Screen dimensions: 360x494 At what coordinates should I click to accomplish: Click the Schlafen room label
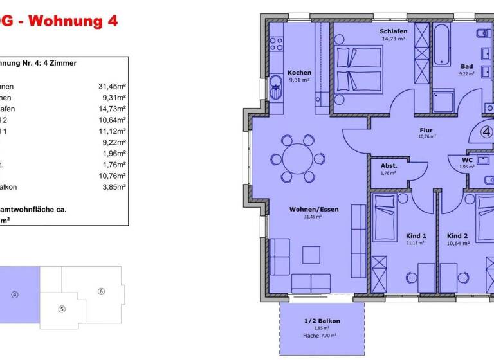[392, 32]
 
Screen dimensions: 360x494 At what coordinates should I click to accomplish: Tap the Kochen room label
[299, 72]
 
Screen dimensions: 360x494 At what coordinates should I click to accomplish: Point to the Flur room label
[426, 130]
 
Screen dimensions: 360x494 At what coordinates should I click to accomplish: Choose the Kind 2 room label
[458, 235]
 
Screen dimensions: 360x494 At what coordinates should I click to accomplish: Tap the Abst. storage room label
[388, 165]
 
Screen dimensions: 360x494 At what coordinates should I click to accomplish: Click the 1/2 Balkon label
[322, 321]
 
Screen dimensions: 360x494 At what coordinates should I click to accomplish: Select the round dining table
[297, 158]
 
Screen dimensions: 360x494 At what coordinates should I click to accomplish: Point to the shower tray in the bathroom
[443, 102]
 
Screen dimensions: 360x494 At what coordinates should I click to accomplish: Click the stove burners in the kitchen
[277, 44]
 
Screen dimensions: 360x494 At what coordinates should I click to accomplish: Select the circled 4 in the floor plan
[486, 132]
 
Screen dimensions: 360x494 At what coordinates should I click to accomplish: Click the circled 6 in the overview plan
[101, 291]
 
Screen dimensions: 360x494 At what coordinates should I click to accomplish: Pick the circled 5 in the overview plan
[62, 309]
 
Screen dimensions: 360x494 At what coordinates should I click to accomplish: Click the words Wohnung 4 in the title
[75, 21]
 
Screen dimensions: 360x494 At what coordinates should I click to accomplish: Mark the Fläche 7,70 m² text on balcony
[322, 336]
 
